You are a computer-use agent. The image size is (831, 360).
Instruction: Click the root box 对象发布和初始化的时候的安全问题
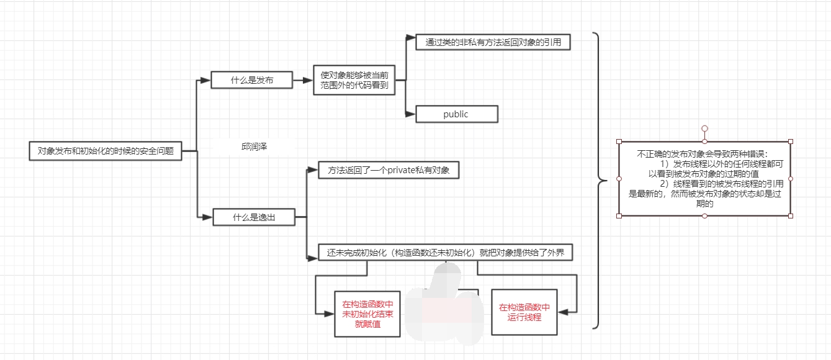(106, 151)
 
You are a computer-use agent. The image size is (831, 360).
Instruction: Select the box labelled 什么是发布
(251, 80)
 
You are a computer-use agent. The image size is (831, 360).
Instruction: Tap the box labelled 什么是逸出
(253, 217)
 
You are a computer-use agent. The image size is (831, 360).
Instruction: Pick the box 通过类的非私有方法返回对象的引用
(493, 42)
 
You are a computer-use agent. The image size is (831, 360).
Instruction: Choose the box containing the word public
(456, 114)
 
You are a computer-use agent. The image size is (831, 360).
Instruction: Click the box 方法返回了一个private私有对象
(388, 170)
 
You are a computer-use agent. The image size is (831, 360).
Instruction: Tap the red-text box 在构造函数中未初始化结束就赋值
(367, 313)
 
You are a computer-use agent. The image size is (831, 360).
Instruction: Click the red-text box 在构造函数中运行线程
(524, 312)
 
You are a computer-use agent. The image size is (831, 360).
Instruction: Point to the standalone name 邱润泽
(254, 146)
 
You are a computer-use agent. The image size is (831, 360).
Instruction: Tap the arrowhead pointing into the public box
(410, 114)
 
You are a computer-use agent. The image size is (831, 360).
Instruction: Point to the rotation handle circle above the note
(704, 128)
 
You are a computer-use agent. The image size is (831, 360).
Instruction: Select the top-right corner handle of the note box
(791, 142)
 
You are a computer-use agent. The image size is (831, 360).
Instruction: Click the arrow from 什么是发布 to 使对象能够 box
(302, 80)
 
